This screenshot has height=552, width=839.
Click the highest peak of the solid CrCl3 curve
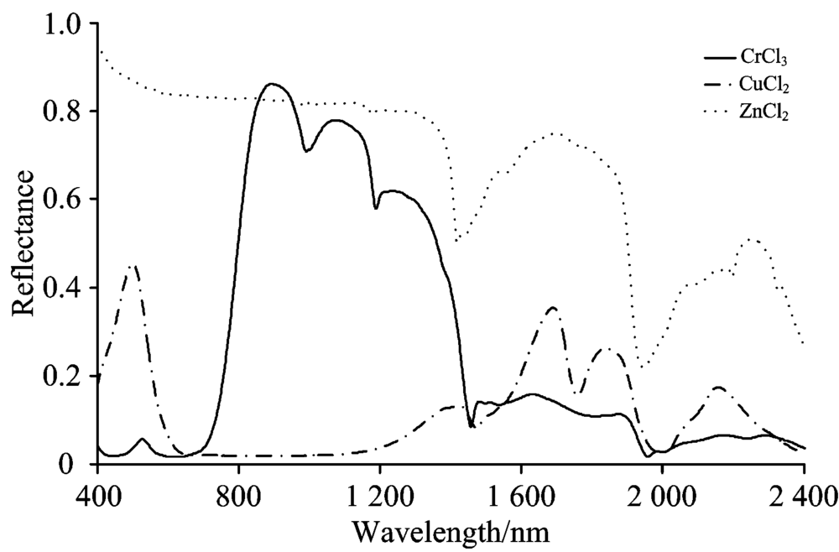pos(272,84)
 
